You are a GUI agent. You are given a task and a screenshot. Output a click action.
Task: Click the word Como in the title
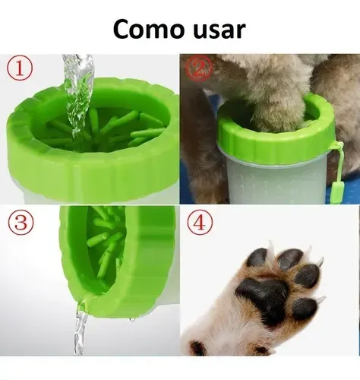[x=149, y=29]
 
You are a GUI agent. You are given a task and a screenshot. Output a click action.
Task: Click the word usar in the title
[x=219, y=30]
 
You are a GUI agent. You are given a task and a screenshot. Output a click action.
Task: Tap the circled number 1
[x=20, y=68]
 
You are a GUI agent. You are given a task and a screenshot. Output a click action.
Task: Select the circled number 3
[x=21, y=222]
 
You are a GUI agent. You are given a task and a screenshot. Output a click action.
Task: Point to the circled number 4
[x=200, y=223]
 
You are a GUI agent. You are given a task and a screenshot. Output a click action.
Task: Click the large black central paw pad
[x=264, y=298]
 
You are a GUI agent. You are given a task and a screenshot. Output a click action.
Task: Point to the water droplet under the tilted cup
[x=132, y=320]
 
